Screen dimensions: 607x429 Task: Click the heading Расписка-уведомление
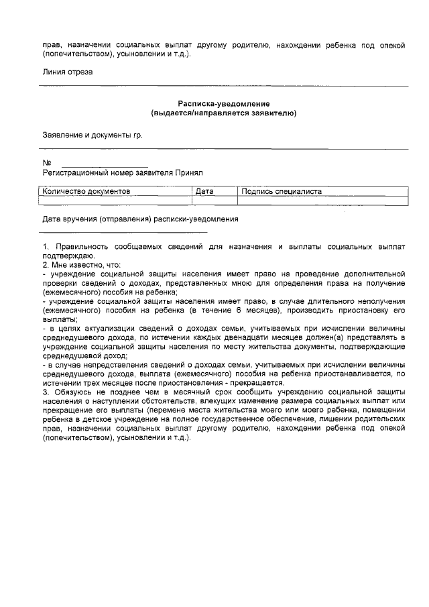point(223,104)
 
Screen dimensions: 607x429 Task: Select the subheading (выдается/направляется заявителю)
point(223,113)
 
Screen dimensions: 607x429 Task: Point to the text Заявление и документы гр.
point(93,135)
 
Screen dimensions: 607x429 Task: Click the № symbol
point(47,163)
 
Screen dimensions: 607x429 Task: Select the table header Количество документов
point(86,191)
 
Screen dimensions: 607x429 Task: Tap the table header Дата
point(204,191)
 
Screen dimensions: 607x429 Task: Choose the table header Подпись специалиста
point(282,191)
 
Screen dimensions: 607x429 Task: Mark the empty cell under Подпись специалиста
point(322,200)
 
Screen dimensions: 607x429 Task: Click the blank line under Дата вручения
point(124,231)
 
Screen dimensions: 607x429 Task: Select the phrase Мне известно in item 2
point(74,264)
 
